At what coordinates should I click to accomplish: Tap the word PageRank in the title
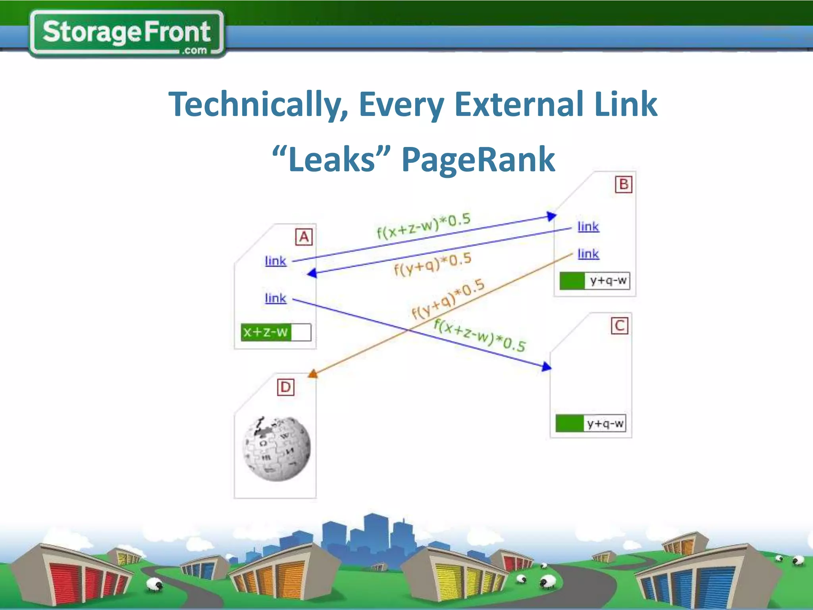[x=478, y=160]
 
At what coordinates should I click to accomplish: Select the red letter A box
[x=304, y=237]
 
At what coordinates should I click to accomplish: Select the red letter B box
[x=623, y=184]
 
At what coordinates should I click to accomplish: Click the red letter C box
[x=619, y=326]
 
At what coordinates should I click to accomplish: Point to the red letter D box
[x=285, y=387]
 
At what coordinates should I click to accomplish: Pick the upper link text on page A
[x=275, y=261]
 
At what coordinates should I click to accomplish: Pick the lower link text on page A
[x=275, y=298]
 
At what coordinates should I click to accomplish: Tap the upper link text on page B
[x=588, y=227]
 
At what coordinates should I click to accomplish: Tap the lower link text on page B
[x=588, y=254]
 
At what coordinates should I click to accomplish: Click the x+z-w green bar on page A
[x=275, y=332]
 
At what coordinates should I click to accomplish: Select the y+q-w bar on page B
[x=594, y=281]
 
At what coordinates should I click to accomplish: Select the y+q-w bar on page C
[x=590, y=423]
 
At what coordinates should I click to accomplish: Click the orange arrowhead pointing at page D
[x=313, y=373]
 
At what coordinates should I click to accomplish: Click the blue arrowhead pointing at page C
[x=547, y=366]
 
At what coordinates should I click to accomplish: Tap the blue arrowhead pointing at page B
[x=551, y=216]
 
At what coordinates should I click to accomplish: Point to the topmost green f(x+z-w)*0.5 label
[x=423, y=226]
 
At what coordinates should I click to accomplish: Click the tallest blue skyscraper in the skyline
[x=376, y=532]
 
